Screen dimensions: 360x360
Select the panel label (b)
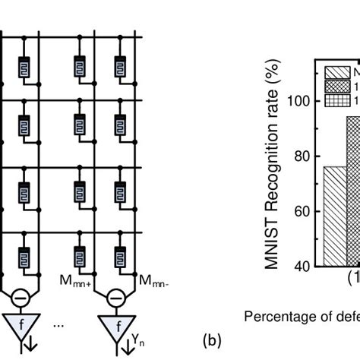(213, 342)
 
